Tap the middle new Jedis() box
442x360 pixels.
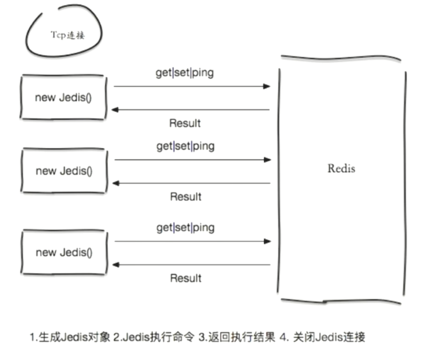[x=64, y=171]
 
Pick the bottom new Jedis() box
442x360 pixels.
[x=64, y=252]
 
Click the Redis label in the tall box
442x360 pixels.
[x=342, y=168]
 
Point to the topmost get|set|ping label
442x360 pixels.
[x=185, y=73]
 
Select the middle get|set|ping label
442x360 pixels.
[x=185, y=146]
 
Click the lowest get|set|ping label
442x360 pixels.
[x=185, y=227]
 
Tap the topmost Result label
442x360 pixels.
[x=185, y=123]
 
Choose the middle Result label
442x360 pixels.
[x=185, y=197]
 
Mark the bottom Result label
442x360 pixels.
[x=185, y=278]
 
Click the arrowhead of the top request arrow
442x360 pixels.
[x=267, y=86]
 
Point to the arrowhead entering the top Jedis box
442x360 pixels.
[x=115, y=110]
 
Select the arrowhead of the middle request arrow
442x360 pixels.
[x=268, y=160]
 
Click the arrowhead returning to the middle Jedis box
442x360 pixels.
[x=116, y=183]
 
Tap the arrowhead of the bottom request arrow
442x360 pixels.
[x=268, y=241]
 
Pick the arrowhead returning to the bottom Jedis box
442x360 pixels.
[x=116, y=265]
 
